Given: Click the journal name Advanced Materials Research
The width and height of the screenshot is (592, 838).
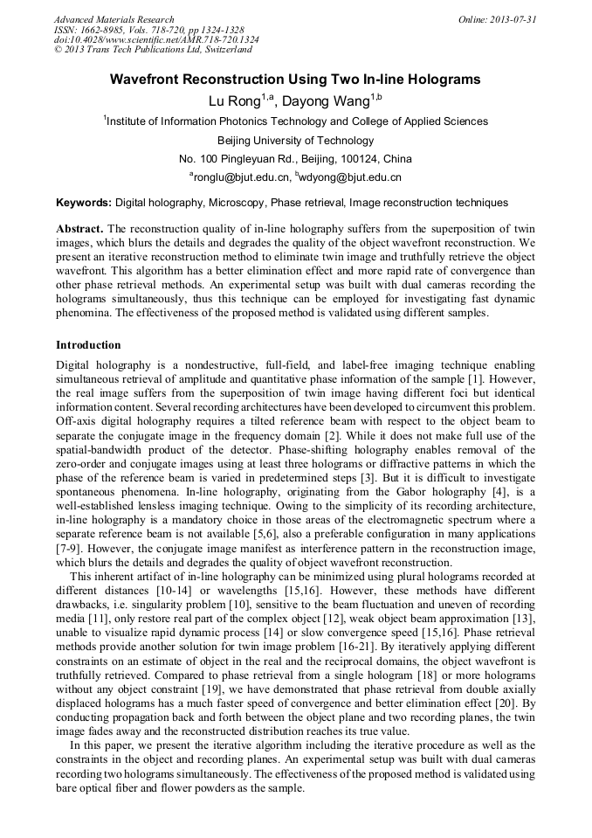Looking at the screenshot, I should [114, 19].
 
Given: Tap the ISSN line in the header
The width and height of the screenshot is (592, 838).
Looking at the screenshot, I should [148, 29].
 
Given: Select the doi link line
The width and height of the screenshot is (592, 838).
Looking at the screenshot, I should [156, 39].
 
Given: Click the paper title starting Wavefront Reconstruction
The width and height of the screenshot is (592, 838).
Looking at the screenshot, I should [295, 80].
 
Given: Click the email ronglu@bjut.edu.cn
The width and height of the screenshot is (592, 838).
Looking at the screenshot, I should [242, 177].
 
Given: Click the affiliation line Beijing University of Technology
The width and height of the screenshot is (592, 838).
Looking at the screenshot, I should [295, 140].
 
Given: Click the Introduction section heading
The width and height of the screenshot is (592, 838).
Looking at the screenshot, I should [88, 345].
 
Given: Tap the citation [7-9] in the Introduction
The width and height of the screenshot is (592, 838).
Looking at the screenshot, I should [70, 550].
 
